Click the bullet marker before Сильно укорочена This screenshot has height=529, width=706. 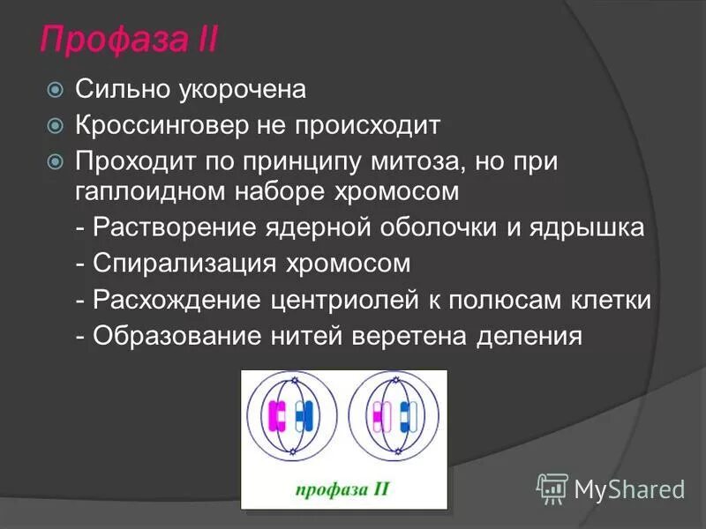(x=56, y=89)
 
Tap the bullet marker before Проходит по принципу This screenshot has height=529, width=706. (x=56, y=163)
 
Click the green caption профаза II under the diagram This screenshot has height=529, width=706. (x=343, y=487)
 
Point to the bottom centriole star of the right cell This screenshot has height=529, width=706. (x=394, y=452)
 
